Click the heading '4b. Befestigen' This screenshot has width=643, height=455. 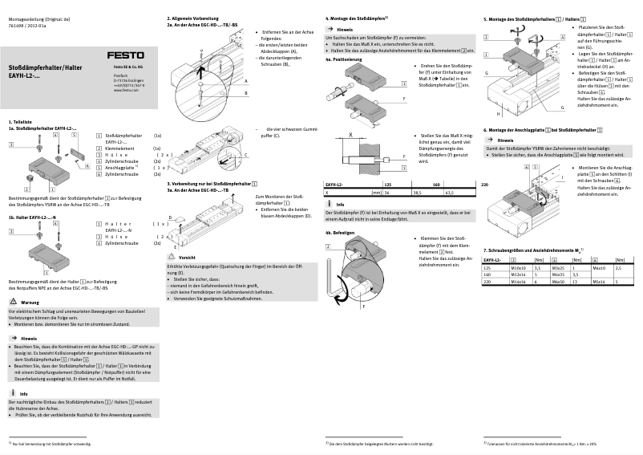click(x=340, y=232)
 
